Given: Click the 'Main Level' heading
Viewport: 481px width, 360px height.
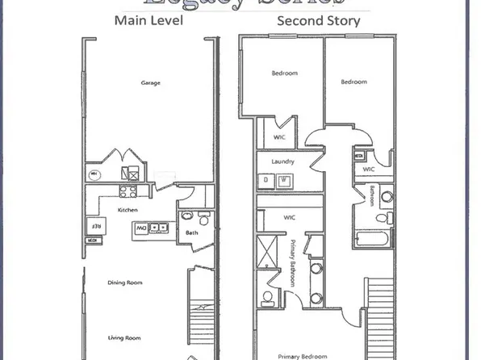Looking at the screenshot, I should [148, 20].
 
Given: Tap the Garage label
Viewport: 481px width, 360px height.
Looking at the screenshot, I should [149, 83].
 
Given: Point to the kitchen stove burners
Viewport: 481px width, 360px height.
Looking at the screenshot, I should [128, 191].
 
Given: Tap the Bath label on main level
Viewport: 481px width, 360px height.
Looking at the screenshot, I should [191, 233].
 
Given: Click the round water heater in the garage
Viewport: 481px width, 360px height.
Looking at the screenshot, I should [94, 174].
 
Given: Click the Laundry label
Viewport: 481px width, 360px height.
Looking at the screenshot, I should [282, 161].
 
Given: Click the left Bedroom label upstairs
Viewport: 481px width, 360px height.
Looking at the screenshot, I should [283, 73].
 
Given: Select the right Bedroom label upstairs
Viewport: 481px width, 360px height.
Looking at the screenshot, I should [353, 82].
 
